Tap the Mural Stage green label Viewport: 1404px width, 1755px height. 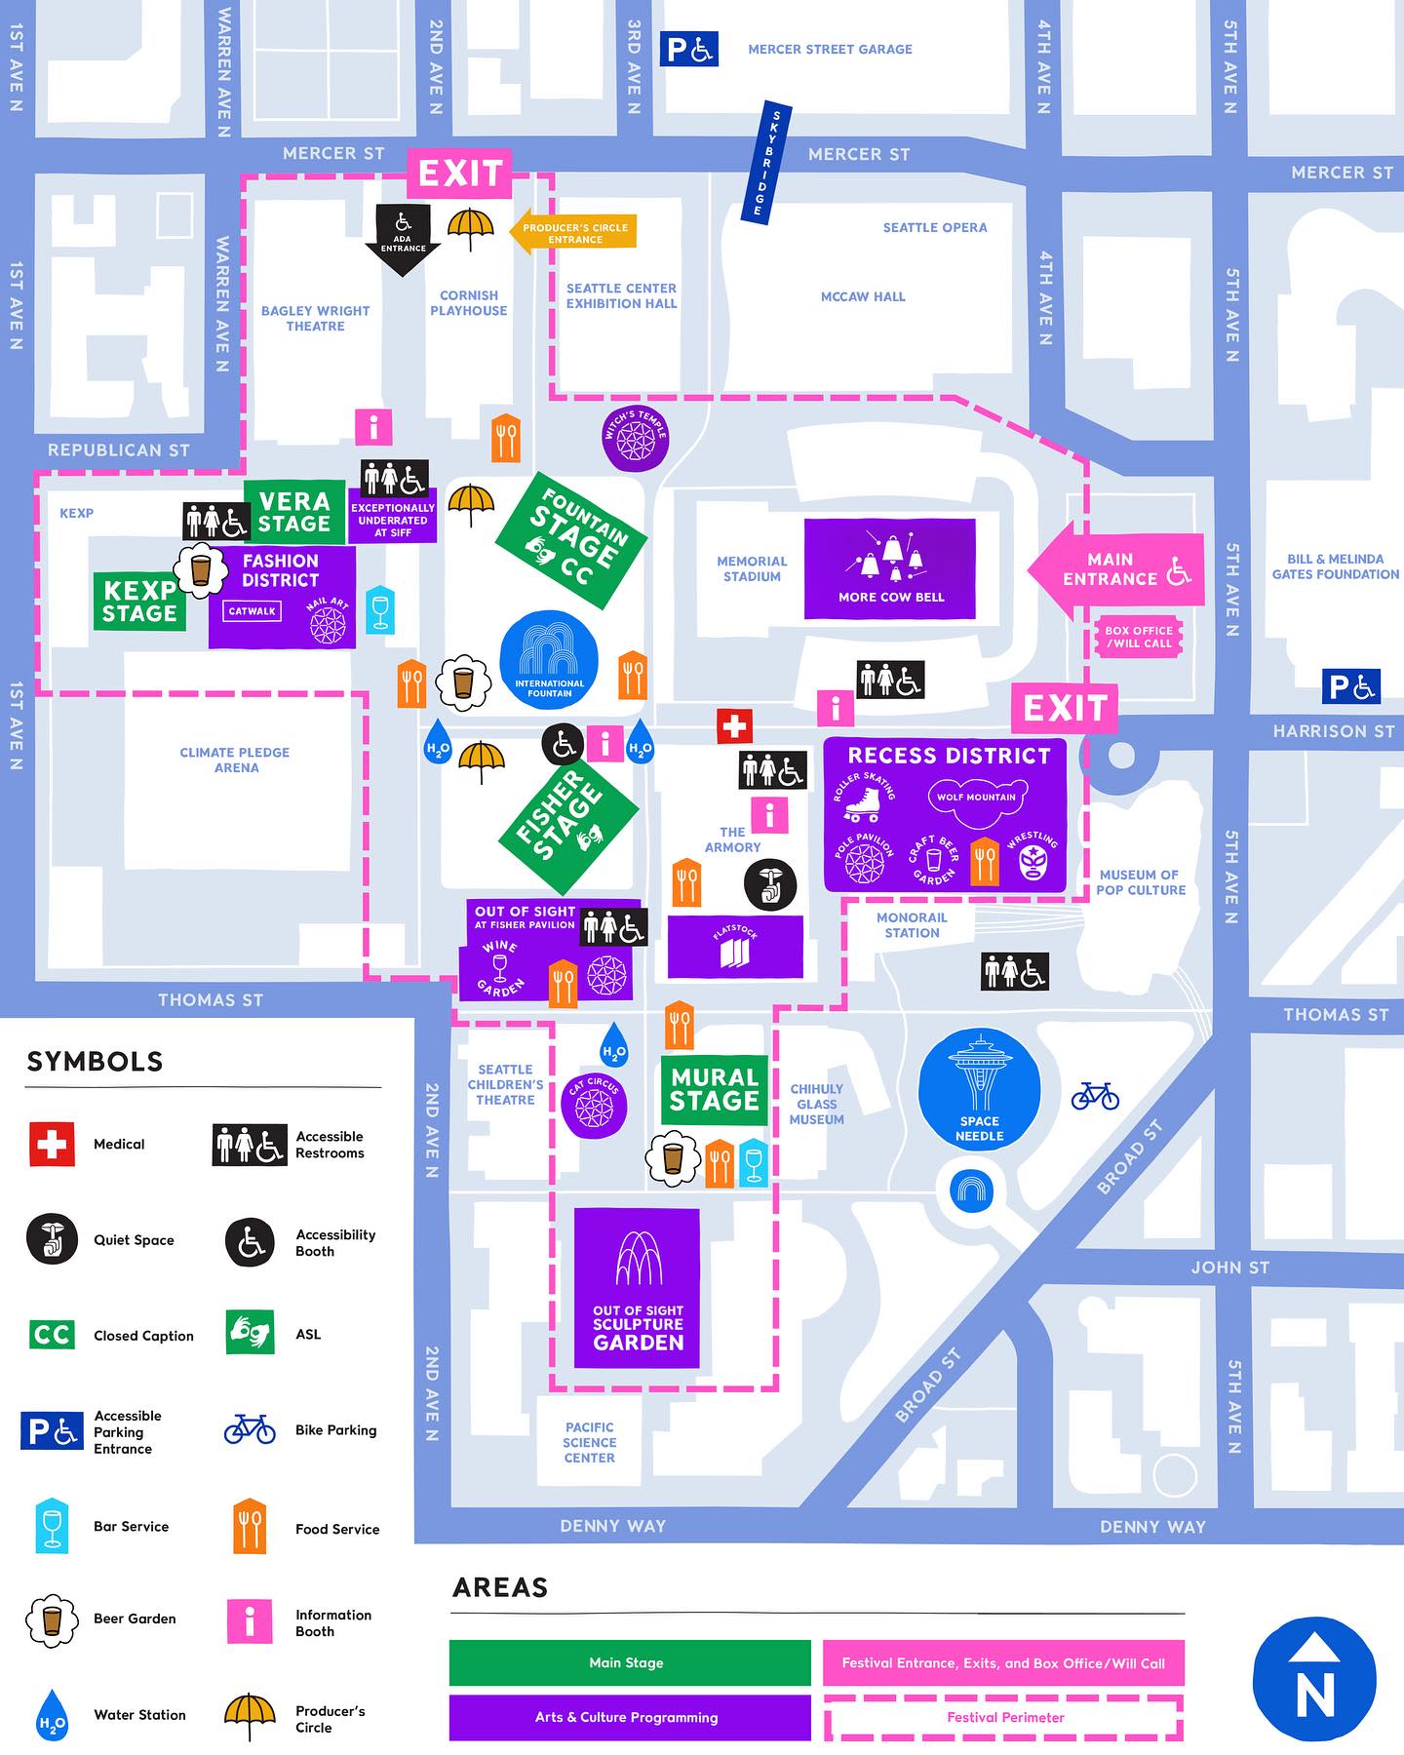715,1089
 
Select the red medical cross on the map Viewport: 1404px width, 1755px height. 734,725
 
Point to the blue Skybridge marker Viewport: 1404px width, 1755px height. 768,162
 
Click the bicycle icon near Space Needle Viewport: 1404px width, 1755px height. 1095,1096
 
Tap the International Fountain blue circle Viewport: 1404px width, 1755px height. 549,660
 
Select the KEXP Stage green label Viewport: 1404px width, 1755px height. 139,602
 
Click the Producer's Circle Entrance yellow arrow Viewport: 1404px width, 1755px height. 573,232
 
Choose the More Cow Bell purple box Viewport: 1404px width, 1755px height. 889,568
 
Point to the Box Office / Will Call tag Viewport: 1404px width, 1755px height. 1138,637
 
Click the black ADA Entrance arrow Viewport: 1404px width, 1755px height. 403,240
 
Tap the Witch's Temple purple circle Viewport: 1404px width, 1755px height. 635,438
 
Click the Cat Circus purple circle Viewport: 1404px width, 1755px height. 594,1105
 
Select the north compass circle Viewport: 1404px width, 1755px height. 1313,1679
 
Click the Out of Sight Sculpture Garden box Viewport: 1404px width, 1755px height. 637,1287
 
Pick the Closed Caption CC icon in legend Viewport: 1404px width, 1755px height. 52,1334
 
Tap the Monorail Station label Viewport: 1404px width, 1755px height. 912,925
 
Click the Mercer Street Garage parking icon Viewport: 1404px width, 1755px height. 688,49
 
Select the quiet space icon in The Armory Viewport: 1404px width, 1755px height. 769,884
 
